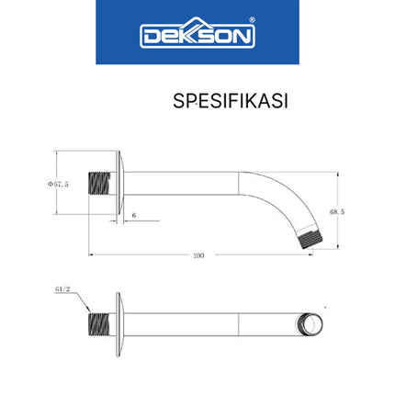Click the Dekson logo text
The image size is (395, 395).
(197, 35)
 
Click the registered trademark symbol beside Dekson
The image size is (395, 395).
(253, 20)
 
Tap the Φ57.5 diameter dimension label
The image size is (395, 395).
(59, 184)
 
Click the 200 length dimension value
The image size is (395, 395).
(197, 254)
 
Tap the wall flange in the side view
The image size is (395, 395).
(118, 186)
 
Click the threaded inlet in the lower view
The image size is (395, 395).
(99, 324)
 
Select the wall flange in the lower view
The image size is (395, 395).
(118, 324)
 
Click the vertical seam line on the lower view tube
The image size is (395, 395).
(239, 324)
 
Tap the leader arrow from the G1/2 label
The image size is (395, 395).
(81, 303)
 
